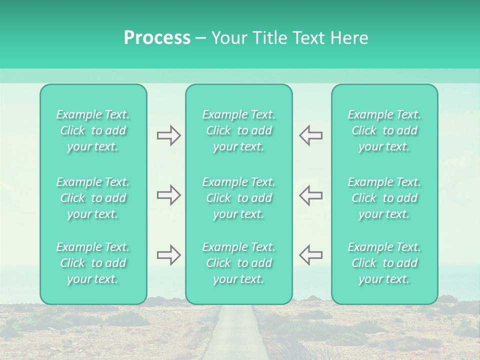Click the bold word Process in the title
[157, 38]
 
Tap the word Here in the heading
[349, 38]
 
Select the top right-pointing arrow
[168, 135]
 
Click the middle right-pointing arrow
[168, 194]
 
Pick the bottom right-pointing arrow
[168, 255]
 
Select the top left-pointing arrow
[310, 135]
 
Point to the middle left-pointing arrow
[310, 194]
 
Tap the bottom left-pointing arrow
[310, 255]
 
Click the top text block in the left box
[93, 130]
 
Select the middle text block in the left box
[93, 198]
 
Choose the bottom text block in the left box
[93, 263]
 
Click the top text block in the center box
[238, 130]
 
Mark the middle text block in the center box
[238, 198]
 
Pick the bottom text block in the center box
[238, 263]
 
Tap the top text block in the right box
[384, 130]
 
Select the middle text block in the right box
[384, 198]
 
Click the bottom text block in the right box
[384, 263]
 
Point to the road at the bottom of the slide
[237, 335]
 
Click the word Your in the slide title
[231, 38]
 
